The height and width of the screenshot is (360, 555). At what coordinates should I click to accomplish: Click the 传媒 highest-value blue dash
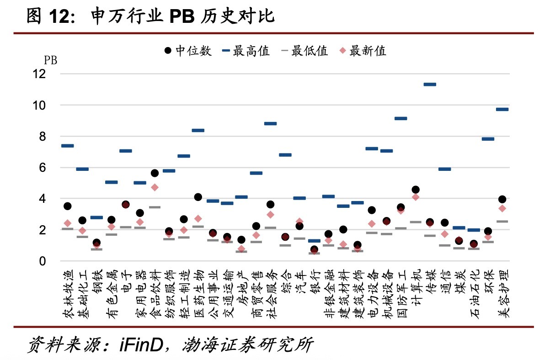(430, 85)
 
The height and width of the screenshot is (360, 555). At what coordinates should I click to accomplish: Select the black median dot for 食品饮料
(155, 173)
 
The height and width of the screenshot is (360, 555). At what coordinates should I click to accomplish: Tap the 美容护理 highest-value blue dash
(502, 110)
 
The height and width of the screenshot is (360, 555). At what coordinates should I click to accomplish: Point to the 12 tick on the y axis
(40, 74)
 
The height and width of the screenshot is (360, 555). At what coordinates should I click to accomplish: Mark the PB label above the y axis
(50, 60)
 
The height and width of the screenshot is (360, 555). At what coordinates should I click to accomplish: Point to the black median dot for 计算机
(416, 190)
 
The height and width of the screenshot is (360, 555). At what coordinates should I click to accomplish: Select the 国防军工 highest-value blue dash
(401, 119)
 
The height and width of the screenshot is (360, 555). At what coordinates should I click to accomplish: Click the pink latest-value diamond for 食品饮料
(155, 187)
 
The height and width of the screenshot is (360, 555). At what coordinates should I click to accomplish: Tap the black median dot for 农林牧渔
(68, 206)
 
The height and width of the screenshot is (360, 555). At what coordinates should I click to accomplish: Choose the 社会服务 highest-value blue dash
(271, 124)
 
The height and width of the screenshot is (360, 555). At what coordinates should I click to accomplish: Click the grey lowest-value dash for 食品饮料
(155, 207)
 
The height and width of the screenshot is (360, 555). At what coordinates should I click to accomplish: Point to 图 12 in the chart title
(48, 16)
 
